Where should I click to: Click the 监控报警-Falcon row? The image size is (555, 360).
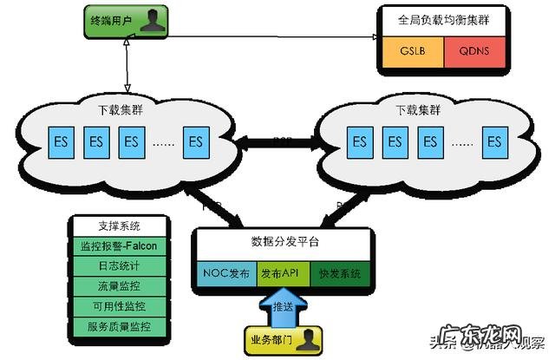pyautogui.click(x=120, y=245)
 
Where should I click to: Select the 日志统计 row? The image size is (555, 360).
pyautogui.click(x=120, y=265)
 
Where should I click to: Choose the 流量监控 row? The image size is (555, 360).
pyautogui.click(x=120, y=285)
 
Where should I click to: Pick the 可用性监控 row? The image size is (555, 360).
pyautogui.click(x=120, y=305)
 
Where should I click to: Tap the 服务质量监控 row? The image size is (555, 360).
pyautogui.click(x=120, y=326)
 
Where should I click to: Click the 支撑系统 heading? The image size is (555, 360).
pyautogui.click(x=120, y=226)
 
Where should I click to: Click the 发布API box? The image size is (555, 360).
pyautogui.click(x=283, y=274)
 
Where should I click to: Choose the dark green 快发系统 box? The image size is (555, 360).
pyautogui.click(x=339, y=274)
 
